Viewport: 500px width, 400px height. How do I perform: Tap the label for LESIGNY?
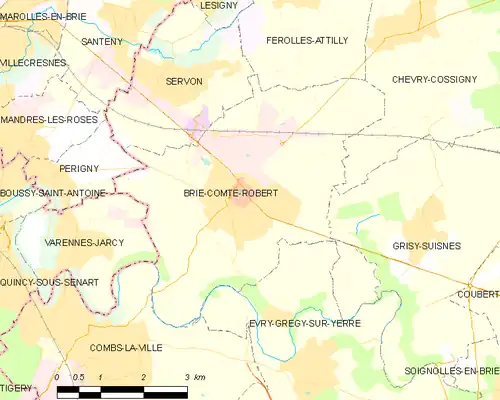pyautogui.click(x=219, y=5)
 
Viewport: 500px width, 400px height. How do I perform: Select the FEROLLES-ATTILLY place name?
pyautogui.click(x=307, y=40)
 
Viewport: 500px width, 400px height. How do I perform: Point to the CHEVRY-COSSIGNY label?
pyautogui.click(x=434, y=79)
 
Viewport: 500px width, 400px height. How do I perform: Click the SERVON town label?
pyautogui.click(x=184, y=80)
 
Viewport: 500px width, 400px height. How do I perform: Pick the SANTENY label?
pyautogui.click(x=102, y=41)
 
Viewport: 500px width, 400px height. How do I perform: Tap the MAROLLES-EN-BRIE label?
pyautogui.click(x=43, y=16)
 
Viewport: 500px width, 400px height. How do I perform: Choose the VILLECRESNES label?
pyautogui.click(x=34, y=62)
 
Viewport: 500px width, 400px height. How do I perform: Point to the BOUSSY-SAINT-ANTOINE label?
pyautogui.click(x=52, y=193)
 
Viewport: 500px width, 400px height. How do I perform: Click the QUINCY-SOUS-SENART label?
pyautogui.click(x=49, y=283)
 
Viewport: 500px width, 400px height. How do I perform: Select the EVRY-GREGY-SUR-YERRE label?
pyautogui.click(x=304, y=324)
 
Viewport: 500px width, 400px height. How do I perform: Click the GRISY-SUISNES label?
pyautogui.click(x=419, y=242)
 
